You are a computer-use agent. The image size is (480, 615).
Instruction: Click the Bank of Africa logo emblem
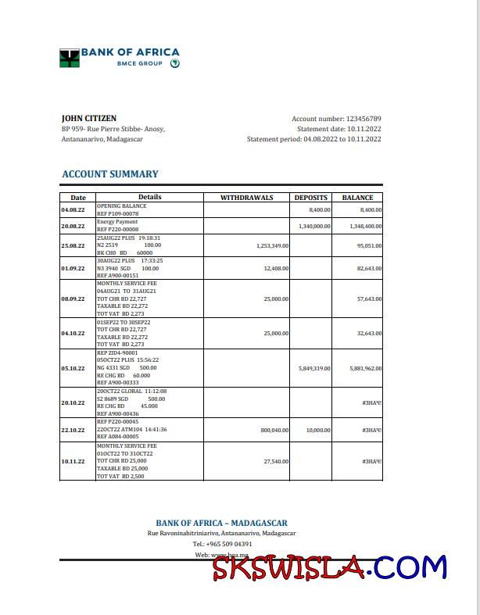click(x=70, y=58)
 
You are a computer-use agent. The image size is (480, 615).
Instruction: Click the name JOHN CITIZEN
click(x=84, y=119)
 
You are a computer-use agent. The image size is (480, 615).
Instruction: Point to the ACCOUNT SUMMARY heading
click(x=109, y=174)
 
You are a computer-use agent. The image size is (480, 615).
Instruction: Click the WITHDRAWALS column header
click(x=247, y=198)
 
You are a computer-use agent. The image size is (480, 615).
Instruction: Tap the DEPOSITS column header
click(x=311, y=198)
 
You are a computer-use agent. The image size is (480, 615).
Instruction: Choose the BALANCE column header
click(x=358, y=198)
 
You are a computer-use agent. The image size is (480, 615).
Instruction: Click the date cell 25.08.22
click(x=73, y=245)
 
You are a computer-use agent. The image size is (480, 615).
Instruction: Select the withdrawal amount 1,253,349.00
click(x=272, y=245)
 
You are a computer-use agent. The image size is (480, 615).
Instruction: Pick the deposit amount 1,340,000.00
click(x=314, y=226)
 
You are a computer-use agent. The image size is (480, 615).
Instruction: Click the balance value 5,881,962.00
click(x=365, y=368)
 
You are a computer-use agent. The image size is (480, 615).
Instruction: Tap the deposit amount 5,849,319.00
click(x=314, y=368)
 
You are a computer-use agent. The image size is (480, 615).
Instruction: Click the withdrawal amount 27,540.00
click(x=276, y=461)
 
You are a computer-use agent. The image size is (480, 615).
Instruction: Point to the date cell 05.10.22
click(x=73, y=368)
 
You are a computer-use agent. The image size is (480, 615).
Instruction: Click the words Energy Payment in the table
click(x=116, y=222)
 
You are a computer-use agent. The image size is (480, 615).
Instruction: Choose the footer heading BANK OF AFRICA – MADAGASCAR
click(x=221, y=523)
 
